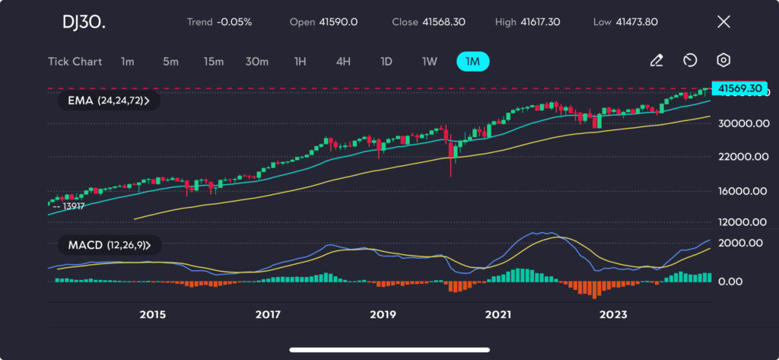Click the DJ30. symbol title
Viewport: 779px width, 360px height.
[84, 22]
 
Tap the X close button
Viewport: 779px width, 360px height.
[723, 22]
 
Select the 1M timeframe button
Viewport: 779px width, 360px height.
[472, 62]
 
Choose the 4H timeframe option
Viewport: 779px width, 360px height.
[343, 62]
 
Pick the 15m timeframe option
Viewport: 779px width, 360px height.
[214, 62]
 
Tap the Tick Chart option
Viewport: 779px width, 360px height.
[75, 62]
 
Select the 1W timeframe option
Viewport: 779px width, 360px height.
[430, 62]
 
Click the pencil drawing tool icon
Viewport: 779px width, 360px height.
[657, 61]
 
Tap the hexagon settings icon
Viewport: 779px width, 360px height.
[723, 61]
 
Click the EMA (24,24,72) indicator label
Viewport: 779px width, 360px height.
[109, 100]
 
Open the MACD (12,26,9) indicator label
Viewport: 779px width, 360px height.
[109, 245]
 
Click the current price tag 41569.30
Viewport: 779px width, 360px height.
[736, 88]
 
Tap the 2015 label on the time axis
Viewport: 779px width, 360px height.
[153, 315]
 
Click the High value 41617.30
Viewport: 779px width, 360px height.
[540, 22]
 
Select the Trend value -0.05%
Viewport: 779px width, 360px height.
[235, 22]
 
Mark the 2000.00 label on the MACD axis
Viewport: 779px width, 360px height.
[741, 243]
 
